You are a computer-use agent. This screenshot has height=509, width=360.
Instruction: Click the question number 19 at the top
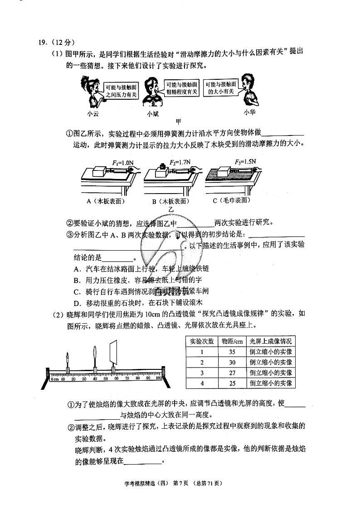coord(42,43)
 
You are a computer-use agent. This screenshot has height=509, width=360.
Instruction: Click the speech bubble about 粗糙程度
coord(181,88)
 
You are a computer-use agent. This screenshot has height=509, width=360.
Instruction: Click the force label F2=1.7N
coord(180,162)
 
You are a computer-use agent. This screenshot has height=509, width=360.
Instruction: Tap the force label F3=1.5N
coord(245,161)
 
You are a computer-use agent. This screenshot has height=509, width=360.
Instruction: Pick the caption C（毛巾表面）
coord(232,200)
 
